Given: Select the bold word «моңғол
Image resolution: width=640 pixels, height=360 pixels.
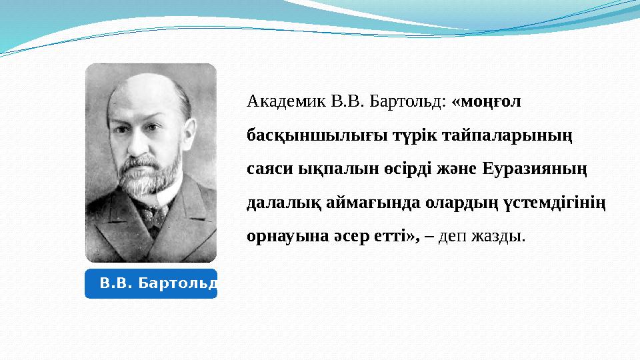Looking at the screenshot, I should click(487, 102).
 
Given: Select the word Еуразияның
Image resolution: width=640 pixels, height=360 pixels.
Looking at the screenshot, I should click(533, 169).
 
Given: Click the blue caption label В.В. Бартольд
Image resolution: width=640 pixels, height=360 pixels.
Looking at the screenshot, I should click(151, 283).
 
